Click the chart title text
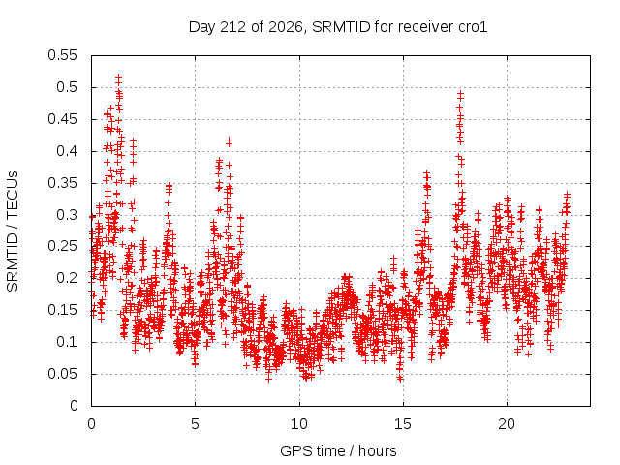click(338, 27)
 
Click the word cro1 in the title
click(473, 27)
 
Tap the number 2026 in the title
click(286, 27)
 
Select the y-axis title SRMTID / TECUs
click(13, 232)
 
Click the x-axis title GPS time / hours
click(338, 450)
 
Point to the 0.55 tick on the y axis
click(62, 55)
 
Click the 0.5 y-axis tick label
click(67, 87)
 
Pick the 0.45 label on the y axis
click(62, 119)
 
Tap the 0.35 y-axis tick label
click(62, 183)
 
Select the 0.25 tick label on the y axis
click(62, 247)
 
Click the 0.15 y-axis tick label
click(62, 310)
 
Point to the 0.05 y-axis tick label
click(62, 374)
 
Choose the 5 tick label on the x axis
click(195, 424)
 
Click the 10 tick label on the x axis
click(299, 424)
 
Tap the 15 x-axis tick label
click(403, 424)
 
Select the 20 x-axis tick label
click(507, 424)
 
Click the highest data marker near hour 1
click(118, 77)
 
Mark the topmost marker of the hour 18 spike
click(460, 94)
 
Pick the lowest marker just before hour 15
click(400, 379)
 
